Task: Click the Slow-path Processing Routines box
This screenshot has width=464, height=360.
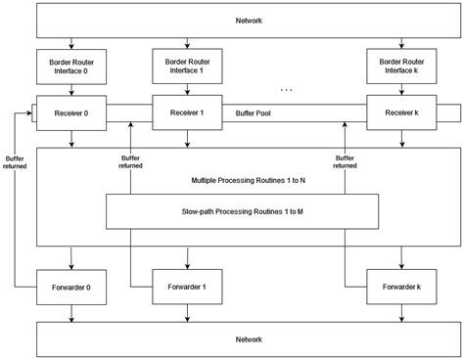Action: pyautogui.click(x=242, y=210)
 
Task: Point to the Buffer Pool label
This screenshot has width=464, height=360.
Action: pyautogui.click(x=254, y=112)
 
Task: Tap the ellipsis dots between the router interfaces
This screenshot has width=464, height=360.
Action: pyautogui.click(x=287, y=89)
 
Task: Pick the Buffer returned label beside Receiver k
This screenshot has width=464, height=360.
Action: pyautogui.click(x=344, y=161)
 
